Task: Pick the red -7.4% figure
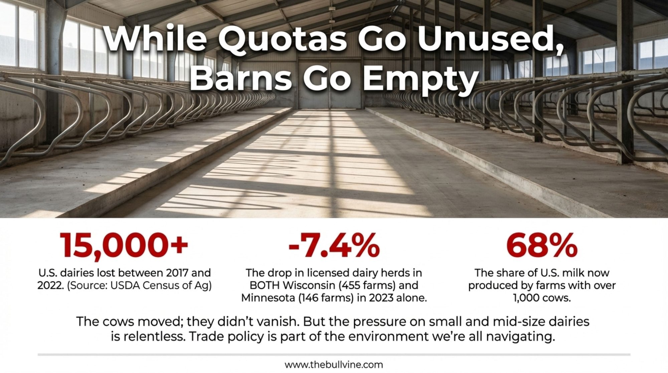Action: (334, 245)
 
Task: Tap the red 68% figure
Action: (542, 245)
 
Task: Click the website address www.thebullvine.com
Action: (334, 365)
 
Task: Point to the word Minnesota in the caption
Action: (268, 298)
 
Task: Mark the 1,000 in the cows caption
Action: (525, 298)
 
